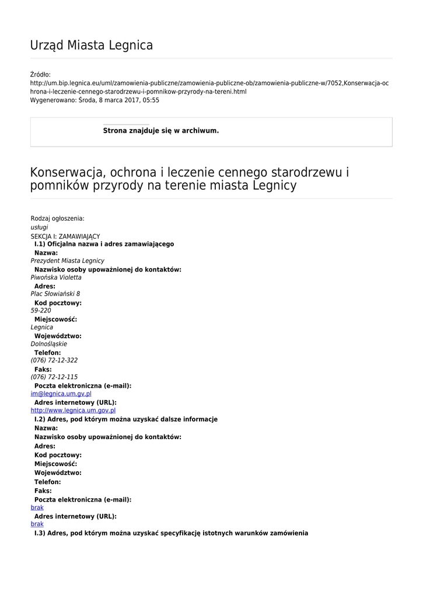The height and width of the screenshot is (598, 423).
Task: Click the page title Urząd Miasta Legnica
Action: click(x=92, y=46)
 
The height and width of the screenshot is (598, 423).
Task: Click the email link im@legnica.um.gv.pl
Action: click(x=61, y=394)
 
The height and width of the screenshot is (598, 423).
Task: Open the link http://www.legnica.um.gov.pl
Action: click(x=73, y=411)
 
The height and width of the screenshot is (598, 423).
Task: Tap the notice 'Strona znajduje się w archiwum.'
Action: click(x=161, y=131)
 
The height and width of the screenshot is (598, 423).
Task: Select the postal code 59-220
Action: click(x=41, y=311)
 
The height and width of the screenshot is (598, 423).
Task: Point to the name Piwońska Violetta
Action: click(x=56, y=277)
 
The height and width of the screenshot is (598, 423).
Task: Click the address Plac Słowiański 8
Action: click(x=55, y=294)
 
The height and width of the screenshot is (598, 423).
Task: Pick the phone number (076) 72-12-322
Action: click(x=54, y=360)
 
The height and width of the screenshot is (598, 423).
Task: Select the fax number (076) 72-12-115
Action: click(x=54, y=377)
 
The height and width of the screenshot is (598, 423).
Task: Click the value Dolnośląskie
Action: click(x=48, y=344)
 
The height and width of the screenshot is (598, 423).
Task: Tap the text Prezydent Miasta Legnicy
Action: click(x=67, y=261)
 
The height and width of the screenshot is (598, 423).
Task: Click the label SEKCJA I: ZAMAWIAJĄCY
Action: click(x=65, y=237)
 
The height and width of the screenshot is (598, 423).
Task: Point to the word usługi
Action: click(x=39, y=227)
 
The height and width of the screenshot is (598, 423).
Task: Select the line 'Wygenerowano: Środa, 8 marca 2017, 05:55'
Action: click(x=95, y=100)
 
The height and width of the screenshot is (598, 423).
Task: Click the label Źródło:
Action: click(x=40, y=75)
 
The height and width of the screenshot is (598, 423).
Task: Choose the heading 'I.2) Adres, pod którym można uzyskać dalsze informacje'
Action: click(x=126, y=419)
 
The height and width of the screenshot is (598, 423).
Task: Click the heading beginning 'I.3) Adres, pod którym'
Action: click(x=171, y=533)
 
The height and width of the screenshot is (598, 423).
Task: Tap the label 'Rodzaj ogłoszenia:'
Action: click(x=57, y=218)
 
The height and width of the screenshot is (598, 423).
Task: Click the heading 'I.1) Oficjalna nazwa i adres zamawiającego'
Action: click(x=104, y=244)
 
